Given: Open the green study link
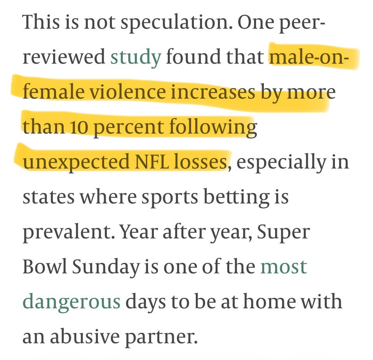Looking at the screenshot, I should pos(136,57).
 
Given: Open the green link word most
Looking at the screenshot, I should pos(284,267).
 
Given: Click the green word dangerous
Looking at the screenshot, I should pos(71,302).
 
